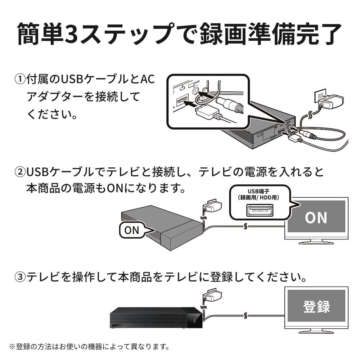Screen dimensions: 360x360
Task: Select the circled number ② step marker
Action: coord(20,172)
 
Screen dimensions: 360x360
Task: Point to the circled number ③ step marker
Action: coord(20,277)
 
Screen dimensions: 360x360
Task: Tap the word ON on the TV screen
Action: coord(316,217)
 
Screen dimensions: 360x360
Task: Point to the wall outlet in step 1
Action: coord(320,95)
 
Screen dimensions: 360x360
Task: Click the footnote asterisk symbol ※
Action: coord(12,347)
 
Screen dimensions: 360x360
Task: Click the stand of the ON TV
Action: coord(316,241)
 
